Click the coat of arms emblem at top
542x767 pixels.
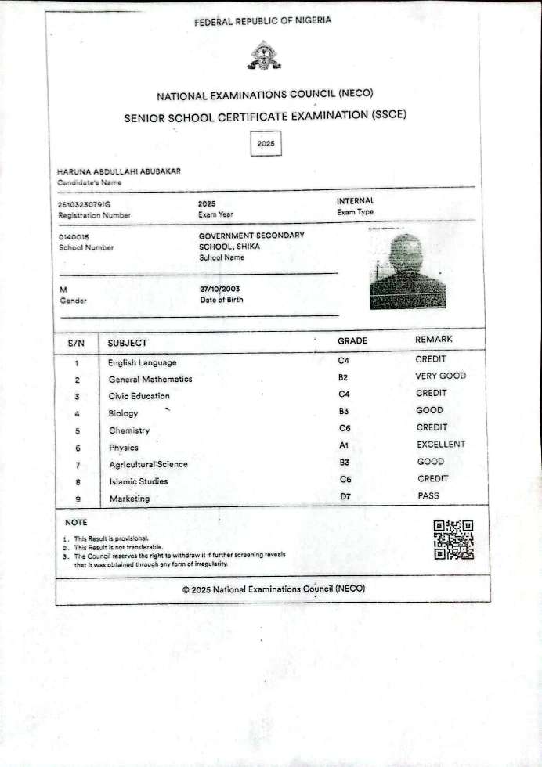click(264, 56)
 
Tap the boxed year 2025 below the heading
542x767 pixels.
click(266, 145)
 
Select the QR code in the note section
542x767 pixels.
click(453, 539)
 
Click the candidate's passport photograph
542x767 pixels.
click(407, 269)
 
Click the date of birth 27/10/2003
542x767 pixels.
click(220, 289)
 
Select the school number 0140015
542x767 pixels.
click(74, 236)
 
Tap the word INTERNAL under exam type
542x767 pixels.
click(356, 201)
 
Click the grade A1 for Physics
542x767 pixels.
click(343, 445)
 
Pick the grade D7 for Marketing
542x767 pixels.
click(345, 496)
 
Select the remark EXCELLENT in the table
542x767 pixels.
click(441, 445)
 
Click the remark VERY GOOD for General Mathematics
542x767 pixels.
click(440, 376)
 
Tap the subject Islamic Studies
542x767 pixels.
click(139, 481)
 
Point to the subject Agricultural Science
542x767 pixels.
click(149, 464)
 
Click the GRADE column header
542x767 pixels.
click(352, 341)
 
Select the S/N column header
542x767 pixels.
click(76, 343)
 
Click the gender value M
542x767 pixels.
click(63, 290)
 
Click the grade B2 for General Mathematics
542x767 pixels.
click(343, 377)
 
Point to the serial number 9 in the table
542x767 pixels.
click(77, 499)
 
